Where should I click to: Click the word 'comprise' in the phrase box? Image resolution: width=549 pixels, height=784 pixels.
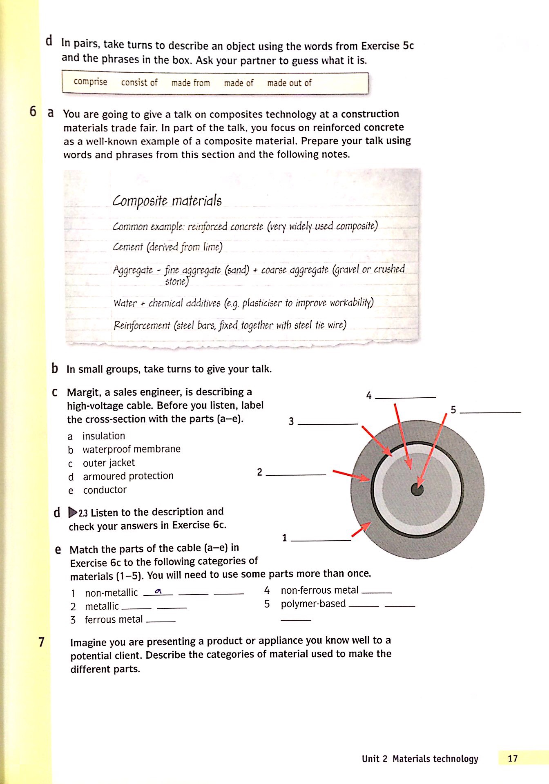pyautogui.click(x=90, y=82)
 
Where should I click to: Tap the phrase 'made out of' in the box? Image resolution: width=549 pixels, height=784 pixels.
pyautogui.click(x=289, y=83)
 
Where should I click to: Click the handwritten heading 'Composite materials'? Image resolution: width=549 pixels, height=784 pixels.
pyautogui.click(x=167, y=201)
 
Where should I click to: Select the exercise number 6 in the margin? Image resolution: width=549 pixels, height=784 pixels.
pyautogui.click(x=33, y=111)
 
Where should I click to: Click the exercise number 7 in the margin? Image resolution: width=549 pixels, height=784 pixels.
pyautogui.click(x=41, y=642)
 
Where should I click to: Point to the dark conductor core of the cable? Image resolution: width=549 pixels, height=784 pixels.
pyautogui.click(x=417, y=490)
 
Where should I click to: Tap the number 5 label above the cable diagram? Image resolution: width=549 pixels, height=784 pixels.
pyautogui.click(x=453, y=410)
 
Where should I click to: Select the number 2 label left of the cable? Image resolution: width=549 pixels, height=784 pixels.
pyautogui.click(x=259, y=472)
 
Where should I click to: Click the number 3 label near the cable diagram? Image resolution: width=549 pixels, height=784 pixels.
pyautogui.click(x=291, y=421)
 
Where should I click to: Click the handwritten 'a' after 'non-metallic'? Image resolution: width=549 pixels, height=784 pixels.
pyautogui.click(x=158, y=591)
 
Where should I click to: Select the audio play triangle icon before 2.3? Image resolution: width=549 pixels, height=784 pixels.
pyautogui.click(x=73, y=512)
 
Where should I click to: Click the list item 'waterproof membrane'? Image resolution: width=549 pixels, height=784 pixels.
pyautogui.click(x=131, y=449)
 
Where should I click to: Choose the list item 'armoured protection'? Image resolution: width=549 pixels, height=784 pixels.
pyautogui.click(x=128, y=476)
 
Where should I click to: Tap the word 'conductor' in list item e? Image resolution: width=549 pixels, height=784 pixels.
pyautogui.click(x=105, y=490)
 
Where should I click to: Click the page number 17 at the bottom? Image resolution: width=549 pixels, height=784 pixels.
pyautogui.click(x=513, y=758)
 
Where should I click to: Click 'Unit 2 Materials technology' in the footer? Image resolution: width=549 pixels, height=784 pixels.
pyautogui.click(x=420, y=759)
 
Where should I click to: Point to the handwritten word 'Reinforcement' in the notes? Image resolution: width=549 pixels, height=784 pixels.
pyautogui.click(x=142, y=326)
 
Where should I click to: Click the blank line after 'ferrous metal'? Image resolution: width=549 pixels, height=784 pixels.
pyautogui.click(x=161, y=621)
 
